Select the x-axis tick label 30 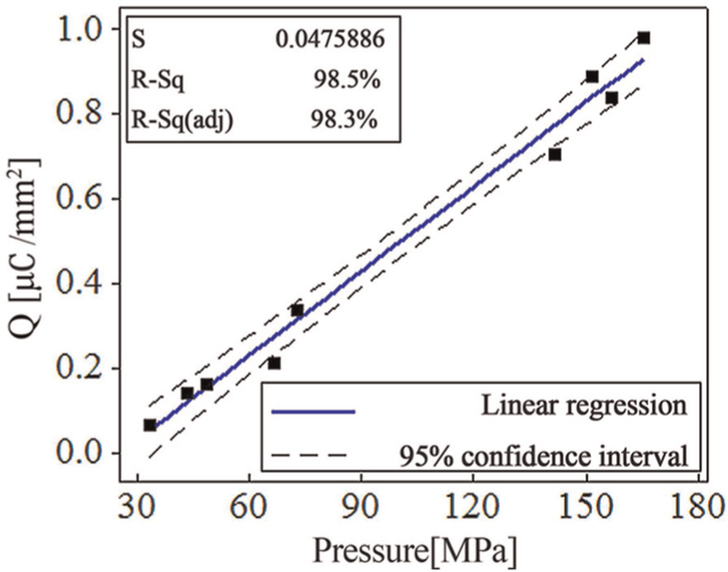[x=137, y=507]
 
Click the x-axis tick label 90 [x=362, y=507]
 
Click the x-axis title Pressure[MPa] [x=415, y=551]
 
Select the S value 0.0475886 [x=330, y=40]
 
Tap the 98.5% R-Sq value [x=347, y=80]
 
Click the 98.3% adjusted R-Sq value [x=343, y=120]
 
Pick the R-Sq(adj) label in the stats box [x=183, y=121]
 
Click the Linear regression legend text [x=584, y=406]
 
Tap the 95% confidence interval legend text [x=543, y=457]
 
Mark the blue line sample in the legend [x=313, y=411]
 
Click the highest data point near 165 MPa [x=644, y=38]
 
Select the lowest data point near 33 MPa [x=149, y=425]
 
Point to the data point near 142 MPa [x=555, y=155]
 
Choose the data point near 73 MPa [x=297, y=310]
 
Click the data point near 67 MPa [x=274, y=363]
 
